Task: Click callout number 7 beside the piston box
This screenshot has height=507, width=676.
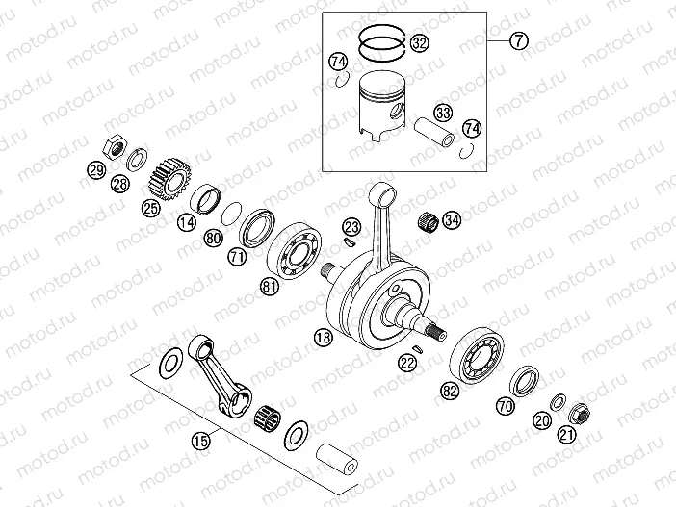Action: [x=518, y=41]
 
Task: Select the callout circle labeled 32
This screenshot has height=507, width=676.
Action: [x=418, y=42]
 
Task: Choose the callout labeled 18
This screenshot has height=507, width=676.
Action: [x=323, y=337]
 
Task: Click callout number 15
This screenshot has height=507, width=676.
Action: [x=200, y=442]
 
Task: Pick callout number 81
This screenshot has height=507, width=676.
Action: [x=272, y=285]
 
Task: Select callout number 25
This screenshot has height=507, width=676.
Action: [x=150, y=206]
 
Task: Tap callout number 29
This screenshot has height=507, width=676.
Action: [x=96, y=172]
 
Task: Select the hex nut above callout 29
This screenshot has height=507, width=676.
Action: [x=112, y=147]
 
